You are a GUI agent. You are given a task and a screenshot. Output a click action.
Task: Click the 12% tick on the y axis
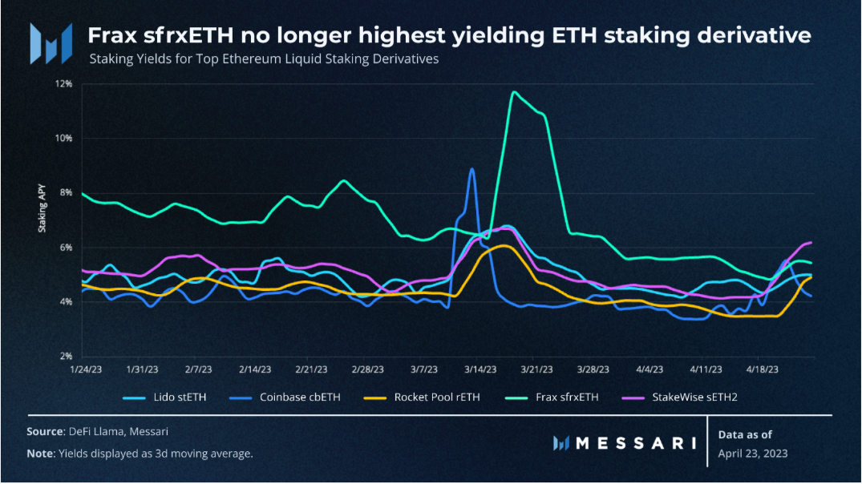pyautogui.click(x=63, y=83)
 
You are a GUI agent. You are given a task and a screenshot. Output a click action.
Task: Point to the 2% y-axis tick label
pyautogui.click(x=66, y=356)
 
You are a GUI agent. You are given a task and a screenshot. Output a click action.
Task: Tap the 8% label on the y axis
pyautogui.click(x=66, y=192)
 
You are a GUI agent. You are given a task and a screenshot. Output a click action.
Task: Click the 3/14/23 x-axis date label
pyautogui.click(x=480, y=370)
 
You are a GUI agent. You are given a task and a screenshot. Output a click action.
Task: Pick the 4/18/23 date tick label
pyautogui.click(x=762, y=370)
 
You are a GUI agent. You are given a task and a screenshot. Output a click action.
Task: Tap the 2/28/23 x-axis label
pyautogui.click(x=367, y=370)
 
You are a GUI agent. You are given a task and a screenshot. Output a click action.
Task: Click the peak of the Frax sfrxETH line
pyautogui.click(x=513, y=92)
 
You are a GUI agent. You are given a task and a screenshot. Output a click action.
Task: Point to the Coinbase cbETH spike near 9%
pyautogui.click(x=471, y=169)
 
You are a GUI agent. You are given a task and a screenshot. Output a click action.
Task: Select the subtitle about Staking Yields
pyautogui.click(x=264, y=59)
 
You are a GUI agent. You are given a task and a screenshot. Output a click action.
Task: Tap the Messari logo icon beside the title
pyautogui.click(x=46, y=43)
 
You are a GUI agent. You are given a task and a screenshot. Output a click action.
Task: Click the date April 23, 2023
pyautogui.click(x=753, y=453)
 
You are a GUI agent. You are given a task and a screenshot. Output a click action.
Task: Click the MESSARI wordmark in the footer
pyautogui.click(x=617, y=443)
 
